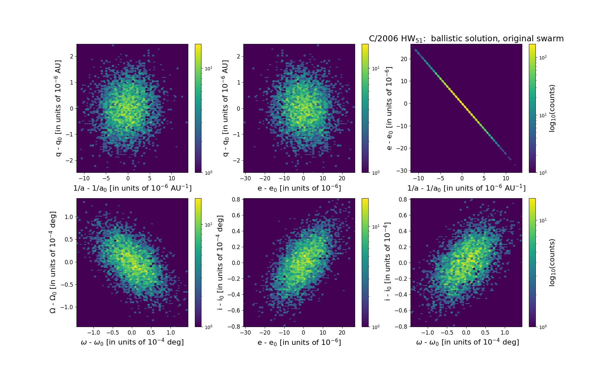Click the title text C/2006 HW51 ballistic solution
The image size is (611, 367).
point(466,39)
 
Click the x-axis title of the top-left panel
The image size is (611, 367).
point(132,188)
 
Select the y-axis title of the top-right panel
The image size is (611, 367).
point(389,108)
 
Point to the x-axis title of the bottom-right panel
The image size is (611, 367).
point(467,342)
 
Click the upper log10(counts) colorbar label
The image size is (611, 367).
point(552,108)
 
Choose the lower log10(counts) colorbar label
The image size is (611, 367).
point(552,262)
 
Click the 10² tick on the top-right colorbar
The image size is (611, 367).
point(542,57)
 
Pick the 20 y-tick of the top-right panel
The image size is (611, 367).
point(404,59)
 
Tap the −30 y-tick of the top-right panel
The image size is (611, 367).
point(403,170)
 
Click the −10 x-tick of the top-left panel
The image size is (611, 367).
point(84,178)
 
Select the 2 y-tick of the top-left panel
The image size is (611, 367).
point(71,56)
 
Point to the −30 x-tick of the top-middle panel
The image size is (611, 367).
point(245,178)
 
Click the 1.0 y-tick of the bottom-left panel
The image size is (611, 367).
point(69,217)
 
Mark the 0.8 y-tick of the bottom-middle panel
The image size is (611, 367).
point(236,200)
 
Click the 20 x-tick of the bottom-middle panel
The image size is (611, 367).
point(342,333)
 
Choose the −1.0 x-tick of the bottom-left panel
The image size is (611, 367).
point(93,333)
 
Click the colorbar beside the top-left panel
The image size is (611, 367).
point(198,108)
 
